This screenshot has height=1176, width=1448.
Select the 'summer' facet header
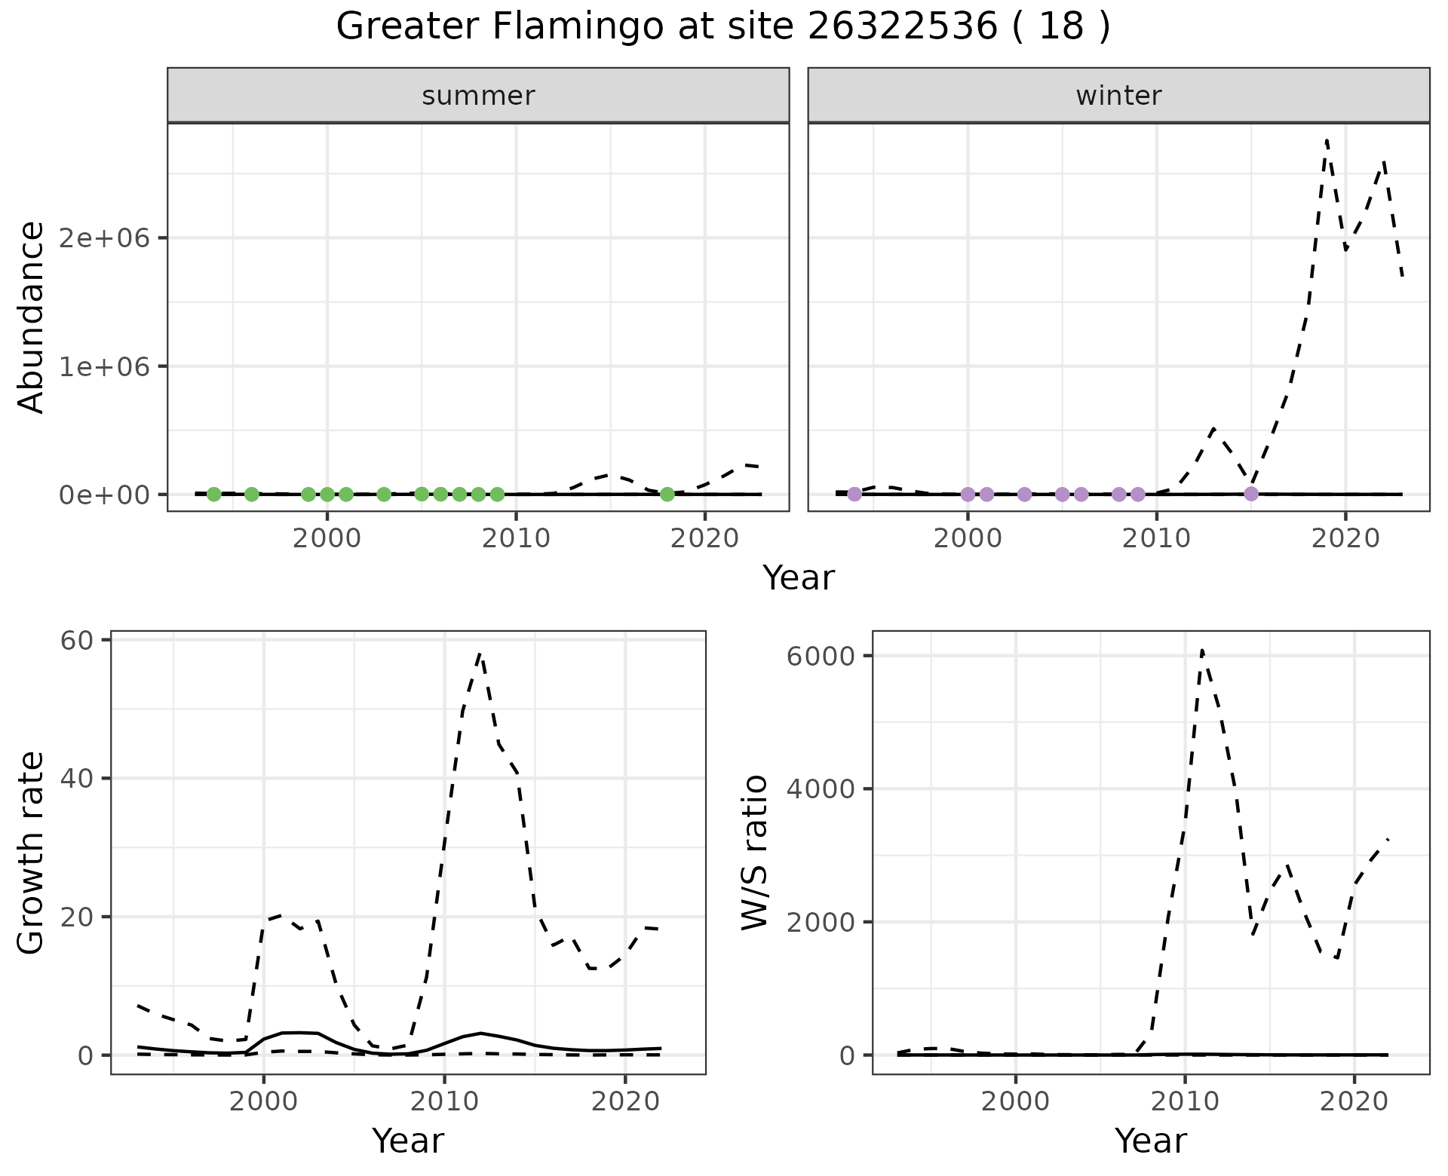[x=478, y=96]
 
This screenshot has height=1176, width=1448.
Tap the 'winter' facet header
[x=1118, y=96]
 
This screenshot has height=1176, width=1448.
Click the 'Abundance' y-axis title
[x=32, y=317]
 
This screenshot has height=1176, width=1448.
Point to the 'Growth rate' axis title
[x=32, y=852]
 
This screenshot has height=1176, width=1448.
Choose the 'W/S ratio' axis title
[x=755, y=852]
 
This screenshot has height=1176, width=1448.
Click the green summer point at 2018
[x=667, y=495]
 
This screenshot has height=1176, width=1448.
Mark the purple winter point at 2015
[x=1251, y=494]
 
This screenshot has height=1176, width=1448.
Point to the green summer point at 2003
[x=384, y=495]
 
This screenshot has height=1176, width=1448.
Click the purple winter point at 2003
[x=1024, y=495]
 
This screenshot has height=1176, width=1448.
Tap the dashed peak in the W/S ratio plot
[x=1201, y=650]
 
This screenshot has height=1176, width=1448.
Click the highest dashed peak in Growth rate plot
[x=480, y=654]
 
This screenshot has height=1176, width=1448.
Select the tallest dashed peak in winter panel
[x=1326, y=140]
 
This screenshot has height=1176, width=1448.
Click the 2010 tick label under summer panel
[x=516, y=538]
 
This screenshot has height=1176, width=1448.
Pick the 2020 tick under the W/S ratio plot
[x=1354, y=1101]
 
